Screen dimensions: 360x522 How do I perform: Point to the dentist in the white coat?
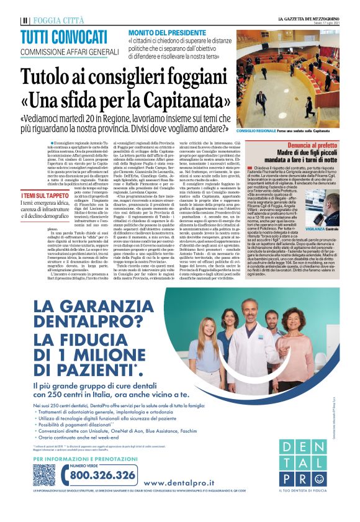click(x=251, y=348)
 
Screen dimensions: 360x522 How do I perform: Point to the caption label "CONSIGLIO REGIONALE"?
click(x=256, y=132)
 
